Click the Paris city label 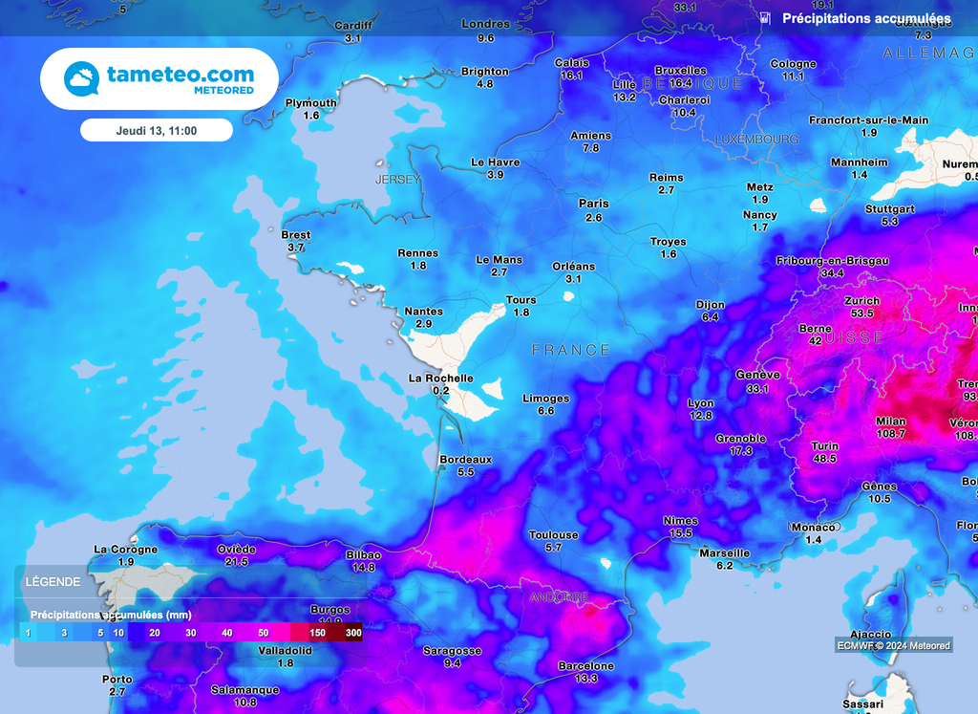[x=593, y=204]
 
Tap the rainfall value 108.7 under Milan [x=890, y=434]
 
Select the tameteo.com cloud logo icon [x=82, y=78]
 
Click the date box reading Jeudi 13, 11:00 [x=156, y=130]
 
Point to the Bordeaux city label [x=465, y=460]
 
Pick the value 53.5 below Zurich [x=861, y=314]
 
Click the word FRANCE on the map [x=570, y=351]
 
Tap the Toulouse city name [x=553, y=535]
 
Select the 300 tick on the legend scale [x=353, y=633]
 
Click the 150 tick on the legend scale [x=319, y=633]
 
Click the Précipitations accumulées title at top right [x=866, y=19]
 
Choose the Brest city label [x=296, y=235]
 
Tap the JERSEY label [x=397, y=180]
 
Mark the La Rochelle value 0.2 [x=440, y=391]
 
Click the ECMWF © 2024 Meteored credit [x=894, y=646]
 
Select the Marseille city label [x=724, y=553]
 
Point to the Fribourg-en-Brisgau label [x=833, y=261]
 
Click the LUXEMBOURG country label [x=756, y=140]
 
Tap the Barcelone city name [x=585, y=666]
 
